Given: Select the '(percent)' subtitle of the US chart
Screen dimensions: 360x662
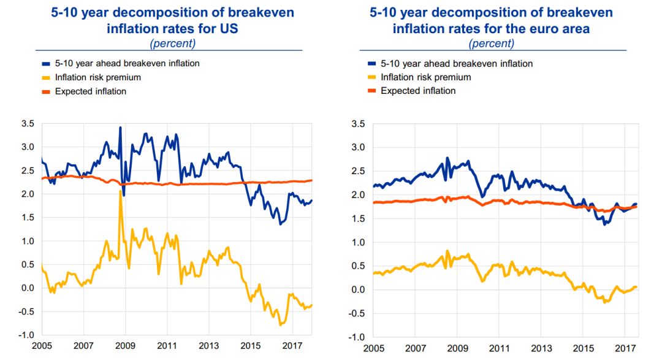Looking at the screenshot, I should click(x=172, y=43).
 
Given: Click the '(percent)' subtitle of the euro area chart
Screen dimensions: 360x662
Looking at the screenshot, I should click(x=491, y=43).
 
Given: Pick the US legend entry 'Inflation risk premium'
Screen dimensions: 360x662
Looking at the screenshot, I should click(x=98, y=77).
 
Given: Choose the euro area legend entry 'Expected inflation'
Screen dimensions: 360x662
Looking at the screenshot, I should click(x=418, y=91).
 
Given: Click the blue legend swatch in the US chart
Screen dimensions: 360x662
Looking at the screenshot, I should click(x=46, y=63).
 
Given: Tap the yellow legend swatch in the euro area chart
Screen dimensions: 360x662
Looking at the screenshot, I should click(x=370, y=77).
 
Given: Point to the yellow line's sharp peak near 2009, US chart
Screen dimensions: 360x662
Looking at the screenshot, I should click(x=120, y=191).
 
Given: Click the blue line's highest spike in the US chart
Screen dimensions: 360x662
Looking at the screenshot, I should click(x=120, y=127).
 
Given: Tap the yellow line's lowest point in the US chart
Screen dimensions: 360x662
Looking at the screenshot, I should click(x=280, y=324).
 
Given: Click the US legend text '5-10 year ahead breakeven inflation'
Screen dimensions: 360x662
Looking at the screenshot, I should click(x=127, y=63).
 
